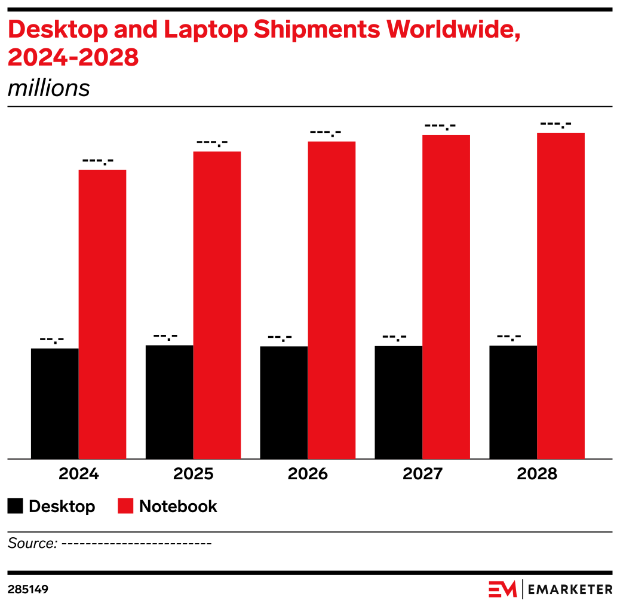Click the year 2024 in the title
[35, 58]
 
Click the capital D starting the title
[14, 30]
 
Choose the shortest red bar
[103, 314]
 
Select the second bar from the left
[217, 305]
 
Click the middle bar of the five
[332, 300]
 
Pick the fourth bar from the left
[446, 297]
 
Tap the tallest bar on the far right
[561, 295]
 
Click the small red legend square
[125, 506]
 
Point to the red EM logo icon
[502, 589]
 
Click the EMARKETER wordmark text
[570, 590]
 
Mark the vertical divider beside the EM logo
[523, 589]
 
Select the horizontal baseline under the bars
[310, 459]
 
